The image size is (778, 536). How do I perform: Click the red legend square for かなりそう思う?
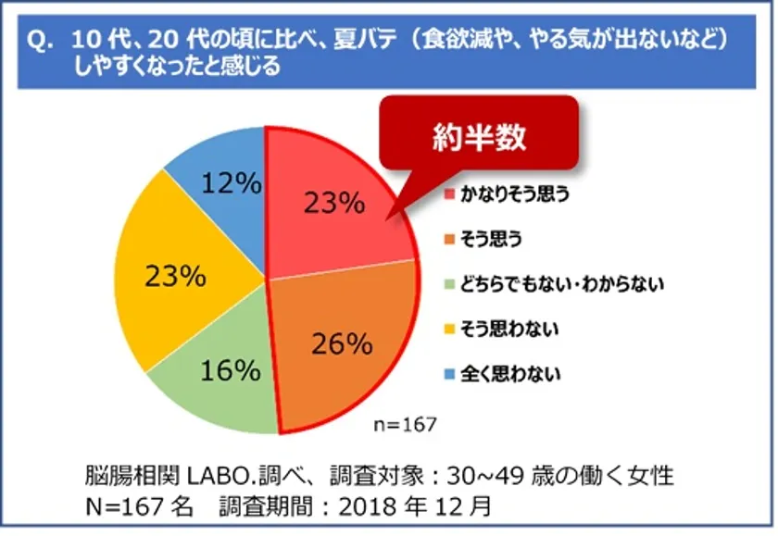click(450, 195)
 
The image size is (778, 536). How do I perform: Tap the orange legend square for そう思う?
click(450, 240)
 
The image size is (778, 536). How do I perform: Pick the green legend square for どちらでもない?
click(450, 284)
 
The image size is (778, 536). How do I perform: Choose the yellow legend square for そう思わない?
click(450, 329)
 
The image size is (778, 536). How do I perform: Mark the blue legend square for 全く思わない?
click(450, 374)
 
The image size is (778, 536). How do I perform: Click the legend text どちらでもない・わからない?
click(563, 284)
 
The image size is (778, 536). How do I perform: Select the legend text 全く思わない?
click(512, 374)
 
